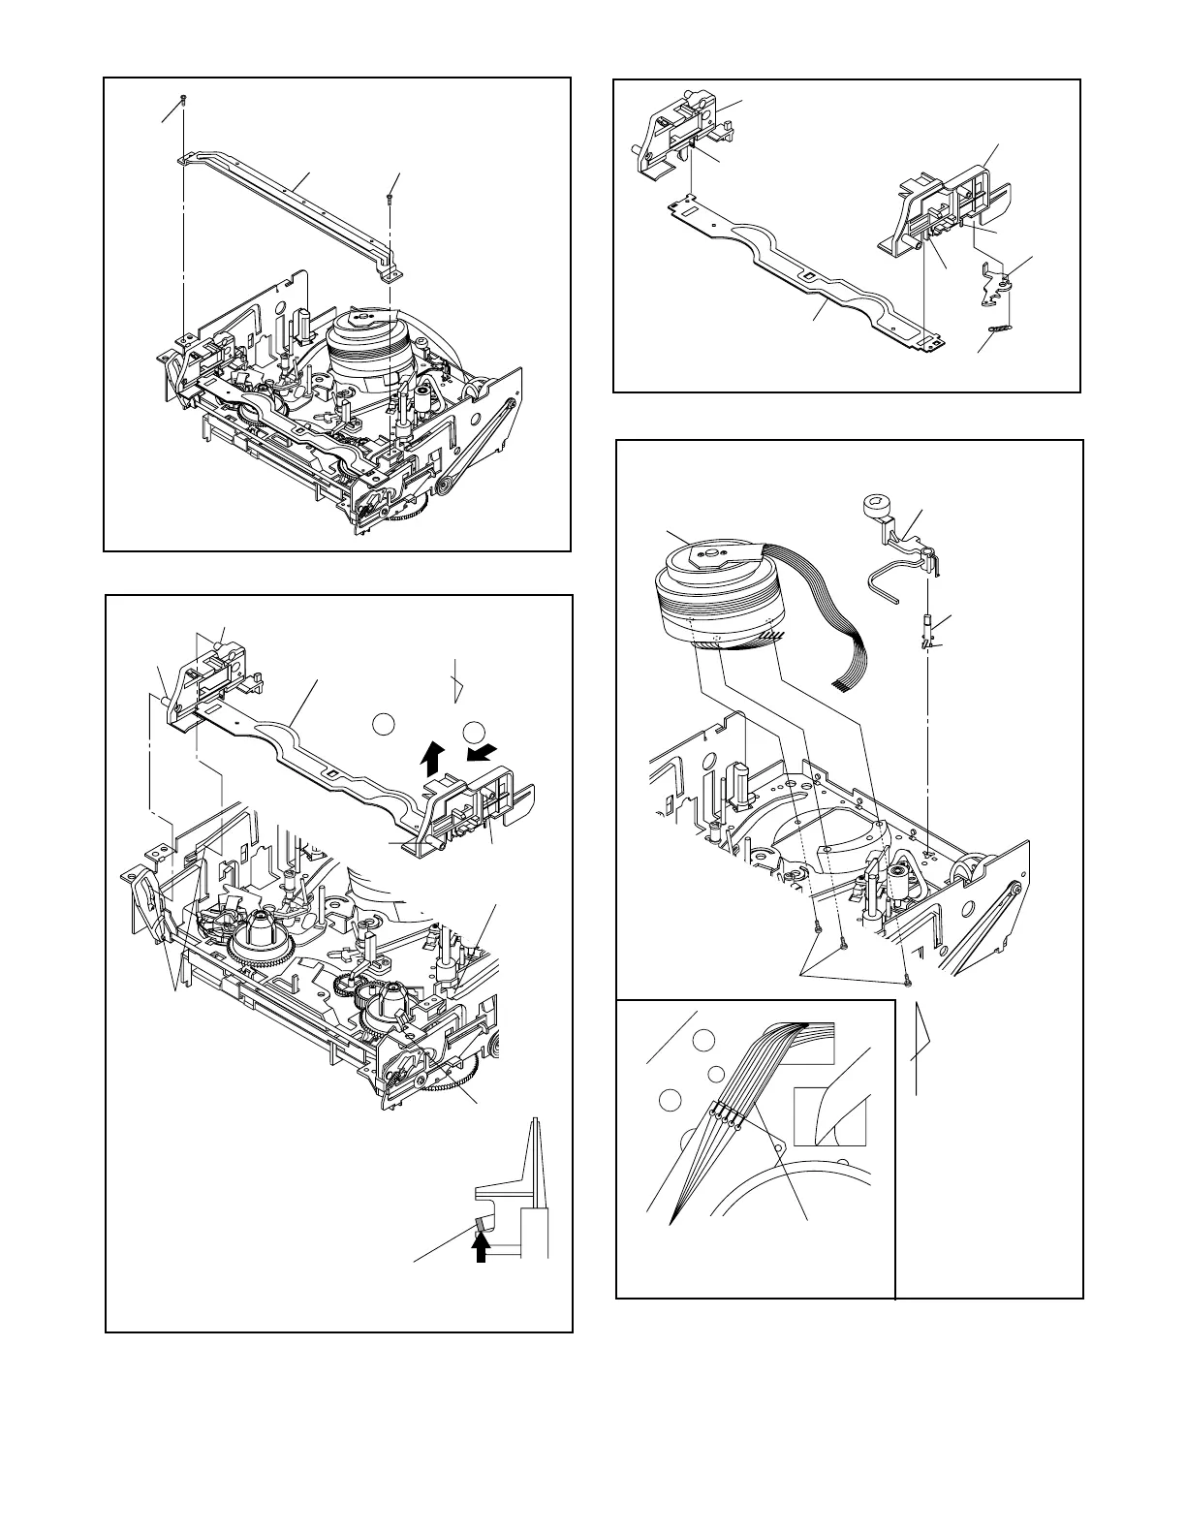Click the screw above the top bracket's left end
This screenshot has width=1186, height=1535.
183,100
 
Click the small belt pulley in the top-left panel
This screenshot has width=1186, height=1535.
446,487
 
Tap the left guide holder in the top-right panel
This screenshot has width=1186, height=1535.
678,136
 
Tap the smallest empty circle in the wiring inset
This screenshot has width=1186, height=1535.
715,1073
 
